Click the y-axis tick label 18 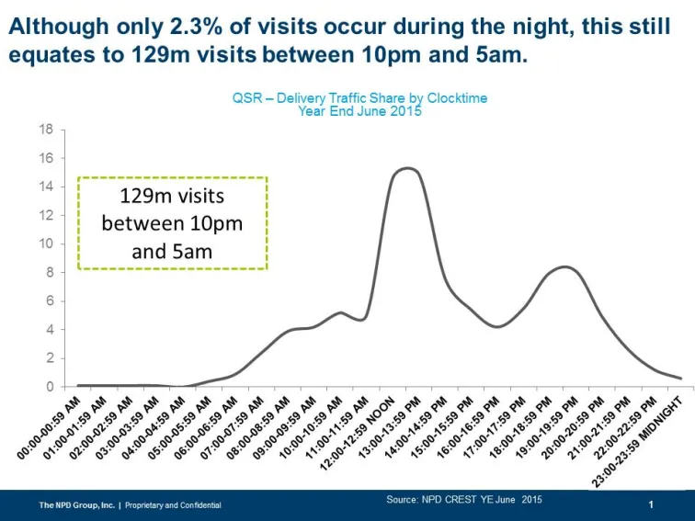(x=45, y=129)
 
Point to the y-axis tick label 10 (x=45, y=244)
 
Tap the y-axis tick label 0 (x=49, y=387)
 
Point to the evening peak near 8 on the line (x=566, y=266)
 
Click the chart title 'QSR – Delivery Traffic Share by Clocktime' (x=359, y=97)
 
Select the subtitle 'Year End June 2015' (x=359, y=110)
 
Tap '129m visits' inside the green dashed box (x=172, y=197)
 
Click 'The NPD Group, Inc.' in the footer (x=76, y=505)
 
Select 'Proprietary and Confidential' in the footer (x=173, y=505)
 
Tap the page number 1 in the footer (x=651, y=504)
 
